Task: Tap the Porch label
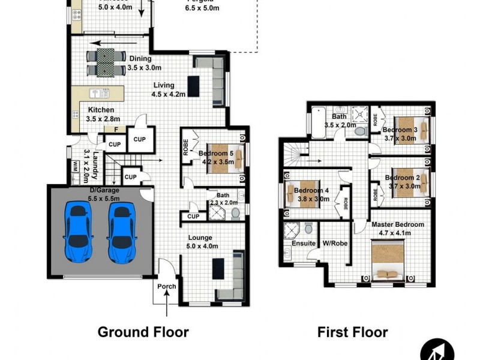click(x=167, y=286)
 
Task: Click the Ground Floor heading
click(x=143, y=332)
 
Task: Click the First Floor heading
click(x=352, y=332)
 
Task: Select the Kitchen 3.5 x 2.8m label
click(x=100, y=115)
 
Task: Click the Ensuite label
click(x=303, y=244)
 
